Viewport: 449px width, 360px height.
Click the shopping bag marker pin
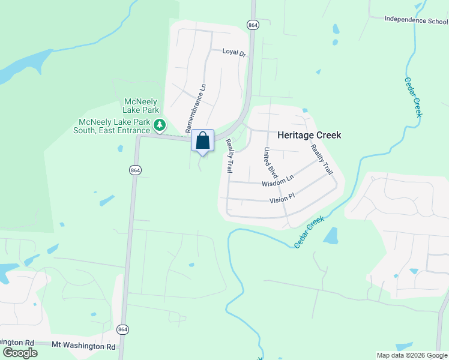(x=203, y=141)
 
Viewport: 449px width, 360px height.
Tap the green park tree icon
(x=159, y=125)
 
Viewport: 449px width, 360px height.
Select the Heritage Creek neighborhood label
(x=309, y=135)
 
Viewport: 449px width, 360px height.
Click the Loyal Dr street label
(x=235, y=53)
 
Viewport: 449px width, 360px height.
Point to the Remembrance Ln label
(x=196, y=107)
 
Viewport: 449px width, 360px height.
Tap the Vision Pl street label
(x=282, y=199)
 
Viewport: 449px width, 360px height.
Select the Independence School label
(x=416, y=20)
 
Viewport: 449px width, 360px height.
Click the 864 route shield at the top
(x=253, y=25)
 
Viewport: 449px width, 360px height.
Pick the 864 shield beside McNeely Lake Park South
(x=135, y=170)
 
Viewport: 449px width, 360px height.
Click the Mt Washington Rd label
(x=83, y=346)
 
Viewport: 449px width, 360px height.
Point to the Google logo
(x=20, y=352)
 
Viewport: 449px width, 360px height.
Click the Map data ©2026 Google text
(x=411, y=355)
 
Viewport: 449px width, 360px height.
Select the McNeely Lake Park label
(x=142, y=106)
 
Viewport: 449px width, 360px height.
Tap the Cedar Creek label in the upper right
(x=414, y=97)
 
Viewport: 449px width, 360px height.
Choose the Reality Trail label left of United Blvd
(x=229, y=155)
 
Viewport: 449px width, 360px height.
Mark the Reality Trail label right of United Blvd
(x=321, y=159)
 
